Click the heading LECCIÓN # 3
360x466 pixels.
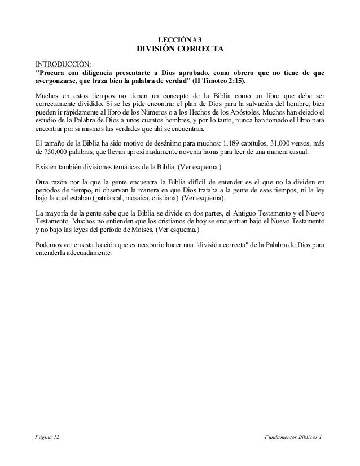pos(180,39)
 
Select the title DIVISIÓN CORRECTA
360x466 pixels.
pos(180,50)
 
